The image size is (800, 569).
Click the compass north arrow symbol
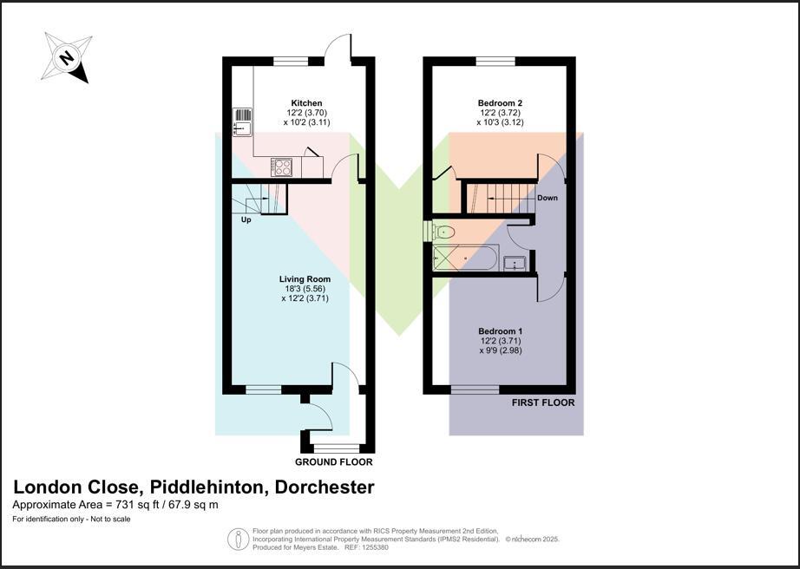[x=68, y=58]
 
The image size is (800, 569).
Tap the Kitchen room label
[x=306, y=103]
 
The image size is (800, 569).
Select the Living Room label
[x=305, y=279]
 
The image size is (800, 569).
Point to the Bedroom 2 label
[x=500, y=102]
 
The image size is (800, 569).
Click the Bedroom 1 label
[x=500, y=331]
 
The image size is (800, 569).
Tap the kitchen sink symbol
[x=242, y=122]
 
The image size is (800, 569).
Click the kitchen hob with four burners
[x=281, y=166]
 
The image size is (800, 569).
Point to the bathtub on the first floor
[x=465, y=258]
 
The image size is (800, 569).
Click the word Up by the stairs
[x=246, y=220]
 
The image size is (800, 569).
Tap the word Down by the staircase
[x=547, y=198]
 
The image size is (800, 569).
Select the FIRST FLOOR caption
[x=543, y=402]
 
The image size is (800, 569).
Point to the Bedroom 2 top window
[x=495, y=61]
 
